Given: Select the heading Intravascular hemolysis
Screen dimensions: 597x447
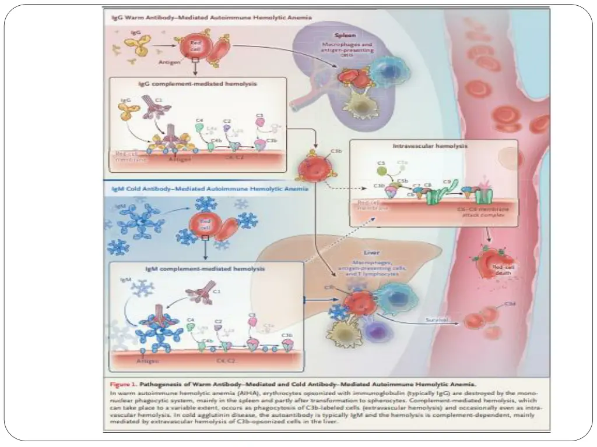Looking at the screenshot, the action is tap(430, 147).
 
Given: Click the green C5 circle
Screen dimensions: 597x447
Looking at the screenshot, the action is tap(381, 171).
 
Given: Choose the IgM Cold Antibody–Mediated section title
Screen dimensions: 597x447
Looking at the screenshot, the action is tap(210, 189).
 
